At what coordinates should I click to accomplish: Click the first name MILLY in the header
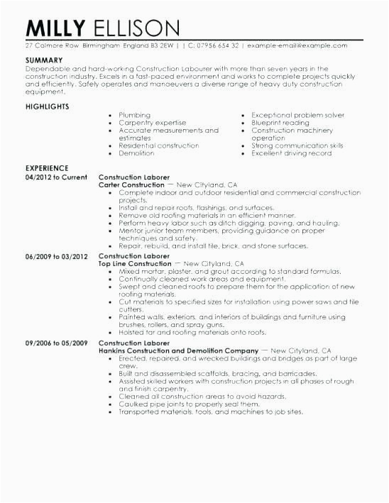tap(55, 28)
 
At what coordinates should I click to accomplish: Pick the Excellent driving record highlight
tap(292, 153)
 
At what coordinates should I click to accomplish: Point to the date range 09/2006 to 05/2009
tap(56, 343)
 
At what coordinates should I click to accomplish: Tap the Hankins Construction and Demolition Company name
tap(177, 350)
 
